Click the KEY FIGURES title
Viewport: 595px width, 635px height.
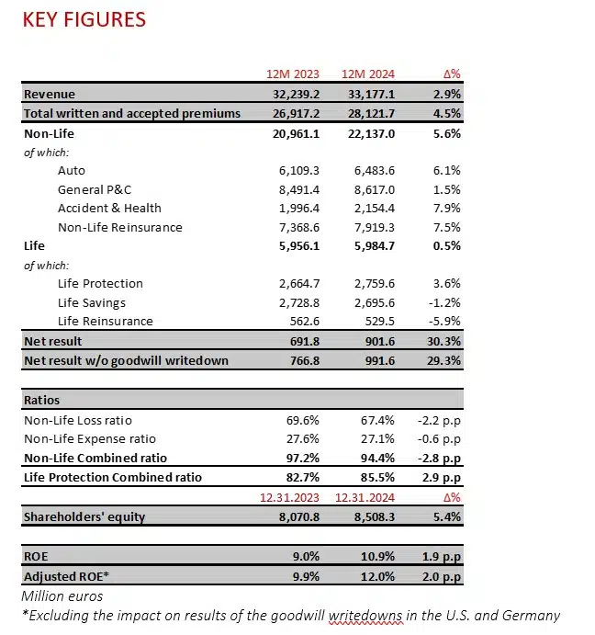[84, 18]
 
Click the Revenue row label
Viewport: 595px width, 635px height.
[50, 94]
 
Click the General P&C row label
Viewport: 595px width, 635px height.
[96, 189]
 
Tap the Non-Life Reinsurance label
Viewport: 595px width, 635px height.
[119, 227]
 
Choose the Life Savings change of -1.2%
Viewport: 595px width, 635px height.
[444, 302]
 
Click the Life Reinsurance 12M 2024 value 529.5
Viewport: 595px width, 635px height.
[376, 321]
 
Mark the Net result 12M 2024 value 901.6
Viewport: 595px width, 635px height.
[376, 341]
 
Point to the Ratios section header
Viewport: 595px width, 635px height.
[43, 401]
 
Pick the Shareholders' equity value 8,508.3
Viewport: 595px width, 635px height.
[371, 516]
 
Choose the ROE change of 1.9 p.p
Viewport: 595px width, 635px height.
[440, 557]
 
